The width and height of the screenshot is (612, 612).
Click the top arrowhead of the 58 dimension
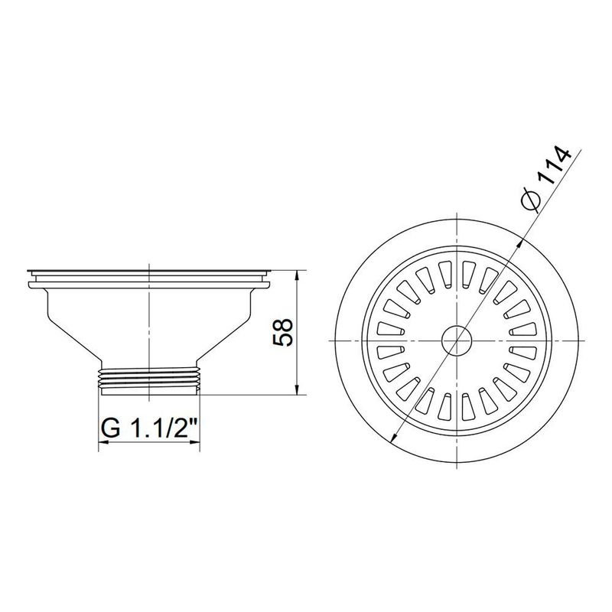click(x=297, y=274)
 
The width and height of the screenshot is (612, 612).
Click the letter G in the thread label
click(x=111, y=429)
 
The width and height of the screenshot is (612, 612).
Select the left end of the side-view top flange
click(x=29, y=271)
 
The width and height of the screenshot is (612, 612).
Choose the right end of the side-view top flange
click(x=269, y=271)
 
